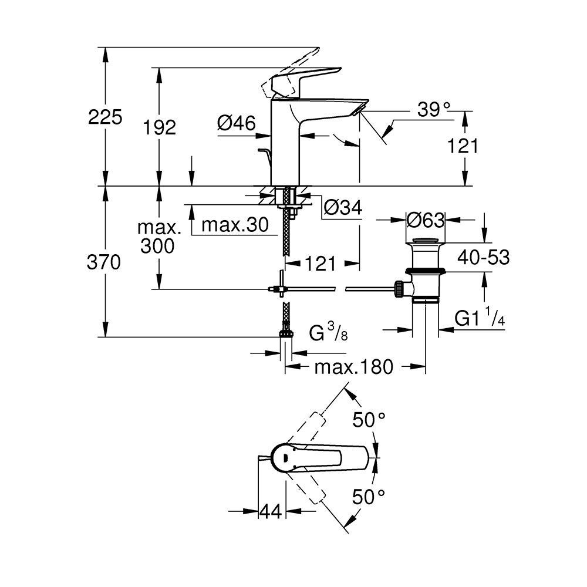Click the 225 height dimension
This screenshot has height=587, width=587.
(105, 117)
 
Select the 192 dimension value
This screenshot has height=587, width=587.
(160, 127)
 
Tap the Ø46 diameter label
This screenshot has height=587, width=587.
(237, 123)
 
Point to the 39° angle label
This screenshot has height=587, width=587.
(434, 110)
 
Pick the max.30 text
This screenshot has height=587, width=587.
(235, 225)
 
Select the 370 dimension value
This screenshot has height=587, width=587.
(104, 262)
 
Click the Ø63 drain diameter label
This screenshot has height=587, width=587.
(426, 220)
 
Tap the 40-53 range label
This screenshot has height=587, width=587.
(484, 257)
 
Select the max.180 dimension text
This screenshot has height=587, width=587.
(354, 367)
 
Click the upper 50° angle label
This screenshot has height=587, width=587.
(369, 420)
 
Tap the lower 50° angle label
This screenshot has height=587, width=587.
(369, 497)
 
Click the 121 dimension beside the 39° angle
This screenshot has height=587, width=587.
(463, 146)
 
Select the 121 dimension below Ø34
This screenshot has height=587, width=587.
(321, 264)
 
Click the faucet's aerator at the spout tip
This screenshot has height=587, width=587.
(359, 109)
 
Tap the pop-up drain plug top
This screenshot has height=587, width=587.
(425, 240)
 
